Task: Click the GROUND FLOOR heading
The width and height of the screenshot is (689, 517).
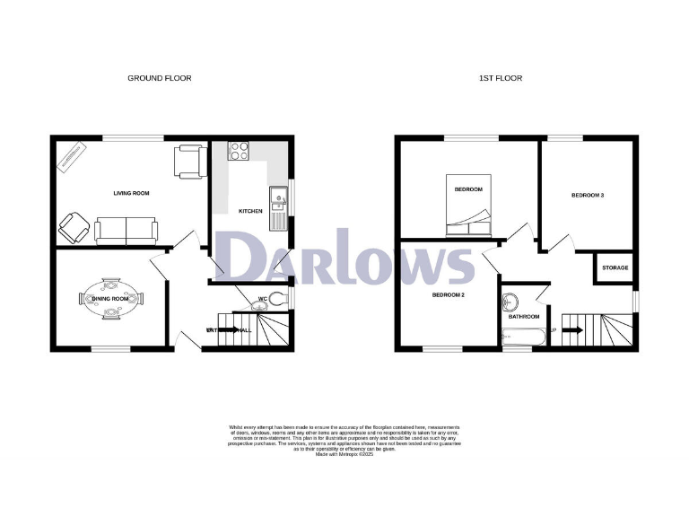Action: click(x=159, y=78)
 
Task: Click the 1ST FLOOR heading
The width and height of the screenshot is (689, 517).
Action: click(x=500, y=78)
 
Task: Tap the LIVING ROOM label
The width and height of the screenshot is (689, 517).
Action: click(x=131, y=193)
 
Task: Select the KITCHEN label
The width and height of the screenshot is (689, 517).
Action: click(x=250, y=211)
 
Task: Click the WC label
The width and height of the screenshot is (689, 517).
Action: click(x=263, y=299)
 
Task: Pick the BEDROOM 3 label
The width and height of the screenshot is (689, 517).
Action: click(x=587, y=195)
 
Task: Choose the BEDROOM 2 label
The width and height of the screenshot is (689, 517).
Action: click(x=448, y=295)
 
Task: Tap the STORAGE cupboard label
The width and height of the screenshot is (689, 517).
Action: click(x=615, y=268)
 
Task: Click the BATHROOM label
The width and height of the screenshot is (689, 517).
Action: click(x=524, y=317)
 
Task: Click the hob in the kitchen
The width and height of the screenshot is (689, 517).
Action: click(x=239, y=152)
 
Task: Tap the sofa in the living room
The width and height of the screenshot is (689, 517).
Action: click(x=126, y=230)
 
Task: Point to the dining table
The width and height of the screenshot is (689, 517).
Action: click(x=111, y=299)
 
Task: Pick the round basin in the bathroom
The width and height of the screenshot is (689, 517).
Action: click(x=512, y=302)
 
